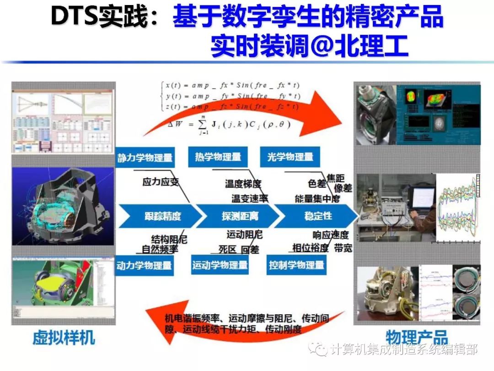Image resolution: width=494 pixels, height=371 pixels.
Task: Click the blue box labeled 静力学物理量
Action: [x=145, y=158]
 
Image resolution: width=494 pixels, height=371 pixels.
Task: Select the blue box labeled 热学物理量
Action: [x=218, y=157]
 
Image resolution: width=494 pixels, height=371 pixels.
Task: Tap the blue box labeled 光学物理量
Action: [x=290, y=157]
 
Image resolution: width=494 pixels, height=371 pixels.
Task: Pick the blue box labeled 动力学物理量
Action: [x=144, y=265]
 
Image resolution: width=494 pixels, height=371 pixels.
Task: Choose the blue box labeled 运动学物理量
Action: [x=220, y=265]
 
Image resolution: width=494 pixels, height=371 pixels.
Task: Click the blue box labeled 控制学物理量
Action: [x=296, y=265]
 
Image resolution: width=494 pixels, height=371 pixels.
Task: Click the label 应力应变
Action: [x=161, y=182]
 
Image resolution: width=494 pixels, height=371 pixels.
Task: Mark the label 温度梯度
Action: [x=243, y=184]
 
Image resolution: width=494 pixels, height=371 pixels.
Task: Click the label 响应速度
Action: [x=331, y=235]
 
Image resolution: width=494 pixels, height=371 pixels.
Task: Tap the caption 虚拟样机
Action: [x=64, y=338]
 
